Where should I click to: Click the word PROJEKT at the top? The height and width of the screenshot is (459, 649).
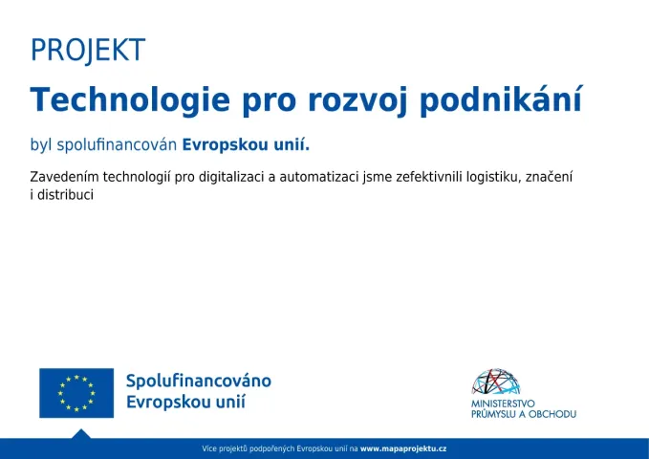tap(88, 50)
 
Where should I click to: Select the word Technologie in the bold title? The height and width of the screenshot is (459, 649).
tap(130, 100)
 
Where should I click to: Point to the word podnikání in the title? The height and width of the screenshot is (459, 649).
tap(501, 99)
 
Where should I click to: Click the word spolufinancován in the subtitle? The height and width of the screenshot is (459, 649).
tap(117, 145)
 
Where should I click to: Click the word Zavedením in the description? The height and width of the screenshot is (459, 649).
tap(64, 177)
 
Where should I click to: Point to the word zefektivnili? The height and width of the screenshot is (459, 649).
tap(429, 177)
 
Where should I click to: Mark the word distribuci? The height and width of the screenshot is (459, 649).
tap(65, 195)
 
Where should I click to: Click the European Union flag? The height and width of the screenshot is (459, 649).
tap(76, 393)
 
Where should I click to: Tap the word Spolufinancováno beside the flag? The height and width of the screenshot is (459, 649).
tap(199, 381)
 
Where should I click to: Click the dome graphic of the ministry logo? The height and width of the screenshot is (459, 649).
tap(495, 382)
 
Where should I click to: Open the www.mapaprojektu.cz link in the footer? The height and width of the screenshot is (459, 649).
tap(403, 448)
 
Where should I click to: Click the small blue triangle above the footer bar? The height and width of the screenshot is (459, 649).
tap(81, 434)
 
